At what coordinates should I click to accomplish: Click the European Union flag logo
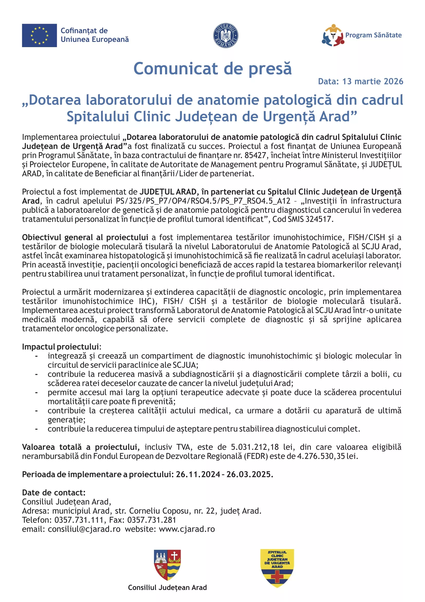[x=39, y=35]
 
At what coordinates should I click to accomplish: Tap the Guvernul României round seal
[x=225, y=35]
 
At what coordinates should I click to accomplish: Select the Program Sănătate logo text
[x=373, y=35]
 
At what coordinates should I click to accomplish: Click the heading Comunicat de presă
[x=212, y=69]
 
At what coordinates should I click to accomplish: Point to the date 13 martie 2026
[x=373, y=82]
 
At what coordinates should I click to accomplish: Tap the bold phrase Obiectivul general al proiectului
[x=85, y=237]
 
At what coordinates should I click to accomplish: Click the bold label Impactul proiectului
[x=61, y=347]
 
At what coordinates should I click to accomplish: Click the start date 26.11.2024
[x=198, y=474]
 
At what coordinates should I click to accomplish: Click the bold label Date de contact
[x=54, y=492]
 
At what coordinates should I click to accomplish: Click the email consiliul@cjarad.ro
[x=84, y=529]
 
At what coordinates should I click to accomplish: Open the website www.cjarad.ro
[x=187, y=529]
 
